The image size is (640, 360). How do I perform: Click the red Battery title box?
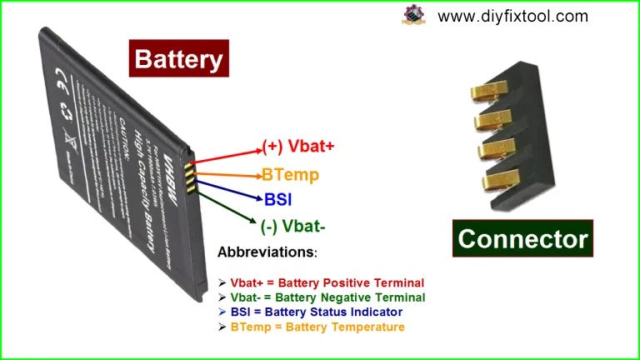coord(178,59)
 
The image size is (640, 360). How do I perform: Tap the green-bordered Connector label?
coord(523,239)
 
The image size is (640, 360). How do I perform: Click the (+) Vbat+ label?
coord(298,147)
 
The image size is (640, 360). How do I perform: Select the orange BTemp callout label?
coord(290,175)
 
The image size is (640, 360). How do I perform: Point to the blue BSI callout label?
coord(278,199)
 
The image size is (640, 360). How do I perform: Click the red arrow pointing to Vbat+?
coord(229,156)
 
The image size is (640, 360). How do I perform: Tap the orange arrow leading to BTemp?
coord(227,174)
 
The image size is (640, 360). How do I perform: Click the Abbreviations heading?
coord(267,252)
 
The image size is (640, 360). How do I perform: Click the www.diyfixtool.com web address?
coord(512,16)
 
